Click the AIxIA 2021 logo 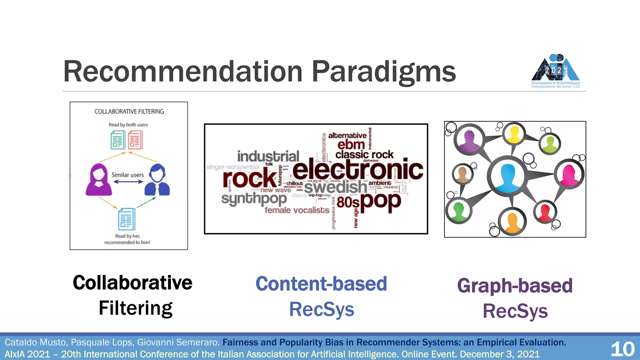coord(556,71)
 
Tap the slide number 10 coord(622,349)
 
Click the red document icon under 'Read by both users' coord(135,140)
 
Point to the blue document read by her coord(127,219)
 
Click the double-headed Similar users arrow coord(128,182)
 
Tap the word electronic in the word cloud coord(357,170)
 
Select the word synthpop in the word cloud coord(254,199)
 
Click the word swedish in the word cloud coord(336,187)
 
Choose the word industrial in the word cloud coord(268,156)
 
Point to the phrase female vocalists coord(297,210)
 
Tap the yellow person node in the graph coord(514,134)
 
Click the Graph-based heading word coord(515,286)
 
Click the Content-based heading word coord(321,284)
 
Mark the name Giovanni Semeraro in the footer coord(178,342)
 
